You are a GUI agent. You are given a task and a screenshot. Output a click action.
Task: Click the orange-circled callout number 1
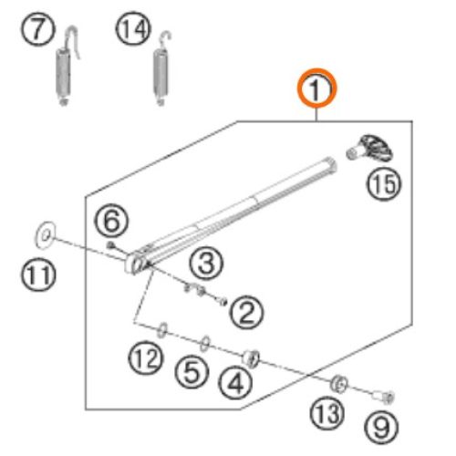coord(316,88)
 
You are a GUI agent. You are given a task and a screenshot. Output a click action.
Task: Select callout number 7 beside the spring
coord(38,29)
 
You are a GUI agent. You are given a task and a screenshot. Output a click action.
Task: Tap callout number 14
coord(133,29)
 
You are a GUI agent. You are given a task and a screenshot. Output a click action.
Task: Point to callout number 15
coord(384,183)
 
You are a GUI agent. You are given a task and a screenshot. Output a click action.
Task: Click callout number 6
coord(111,221)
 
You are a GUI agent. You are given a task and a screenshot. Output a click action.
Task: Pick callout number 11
coord(38,275)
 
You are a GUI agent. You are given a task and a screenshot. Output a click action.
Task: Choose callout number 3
coord(206,263)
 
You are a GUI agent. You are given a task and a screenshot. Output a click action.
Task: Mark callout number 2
coord(246,312)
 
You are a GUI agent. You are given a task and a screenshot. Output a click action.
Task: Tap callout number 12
coord(146,358)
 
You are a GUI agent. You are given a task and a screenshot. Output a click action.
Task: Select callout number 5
coord(192,371)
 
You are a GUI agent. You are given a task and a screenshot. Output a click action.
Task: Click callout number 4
coord(235,382)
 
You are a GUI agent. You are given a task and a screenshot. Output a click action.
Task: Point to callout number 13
coord(327,412)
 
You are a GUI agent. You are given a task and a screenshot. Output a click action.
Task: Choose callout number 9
coord(381,427)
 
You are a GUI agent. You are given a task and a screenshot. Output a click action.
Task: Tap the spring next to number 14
coord(161,69)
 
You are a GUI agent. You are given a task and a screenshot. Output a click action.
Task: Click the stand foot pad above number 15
coord(370,148)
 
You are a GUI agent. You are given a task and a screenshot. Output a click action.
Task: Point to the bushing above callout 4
coord(251,358)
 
